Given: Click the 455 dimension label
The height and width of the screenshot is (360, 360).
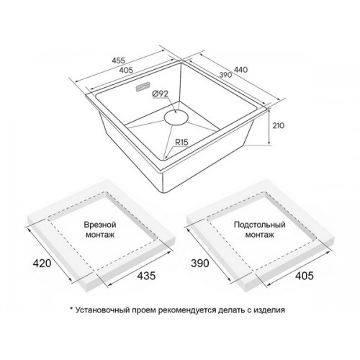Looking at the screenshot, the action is tap(119, 60).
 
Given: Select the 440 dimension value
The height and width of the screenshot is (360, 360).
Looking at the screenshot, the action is tap(240, 70).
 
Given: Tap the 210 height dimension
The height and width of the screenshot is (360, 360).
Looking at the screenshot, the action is tap(278, 125).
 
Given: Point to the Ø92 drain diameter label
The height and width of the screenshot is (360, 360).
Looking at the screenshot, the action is tap(160, 94).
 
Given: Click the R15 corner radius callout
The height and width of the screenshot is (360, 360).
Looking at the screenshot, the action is tap(181, 143).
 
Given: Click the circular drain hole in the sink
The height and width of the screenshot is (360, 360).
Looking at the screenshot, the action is tap(176, 117).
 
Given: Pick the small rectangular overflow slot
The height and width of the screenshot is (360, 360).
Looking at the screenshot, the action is tap(143, 87).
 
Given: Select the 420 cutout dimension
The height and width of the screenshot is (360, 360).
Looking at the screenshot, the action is tap(42, 264).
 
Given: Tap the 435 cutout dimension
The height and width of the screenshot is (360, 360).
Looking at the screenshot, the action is tap(146, 276).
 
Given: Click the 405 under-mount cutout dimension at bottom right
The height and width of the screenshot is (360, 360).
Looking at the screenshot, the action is tap(305, 276).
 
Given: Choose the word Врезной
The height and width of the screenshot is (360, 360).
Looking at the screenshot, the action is tap(100, 225).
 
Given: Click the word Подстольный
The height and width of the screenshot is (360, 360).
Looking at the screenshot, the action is tap(260, 225).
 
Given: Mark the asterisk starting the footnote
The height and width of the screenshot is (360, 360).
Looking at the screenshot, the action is tap(71, 308).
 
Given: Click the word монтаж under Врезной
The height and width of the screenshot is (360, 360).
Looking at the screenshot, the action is tap(100, 235).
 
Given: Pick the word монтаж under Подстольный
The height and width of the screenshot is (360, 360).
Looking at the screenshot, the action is tap(260, 235).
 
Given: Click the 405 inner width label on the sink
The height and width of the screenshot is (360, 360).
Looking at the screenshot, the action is tap(126, 70).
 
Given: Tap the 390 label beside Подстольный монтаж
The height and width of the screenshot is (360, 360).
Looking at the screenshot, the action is tap(200, 264).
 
